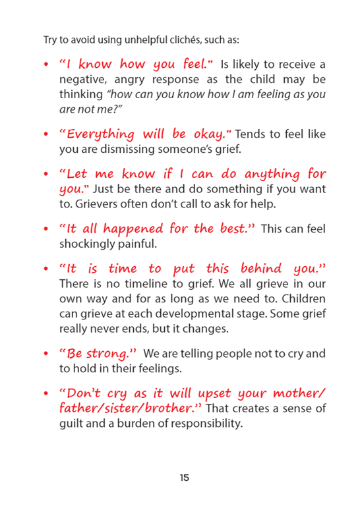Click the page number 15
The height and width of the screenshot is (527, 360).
coord(184,477)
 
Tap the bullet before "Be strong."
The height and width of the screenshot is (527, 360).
coord(45,354)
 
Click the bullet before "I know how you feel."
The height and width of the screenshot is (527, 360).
coord(45,65)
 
